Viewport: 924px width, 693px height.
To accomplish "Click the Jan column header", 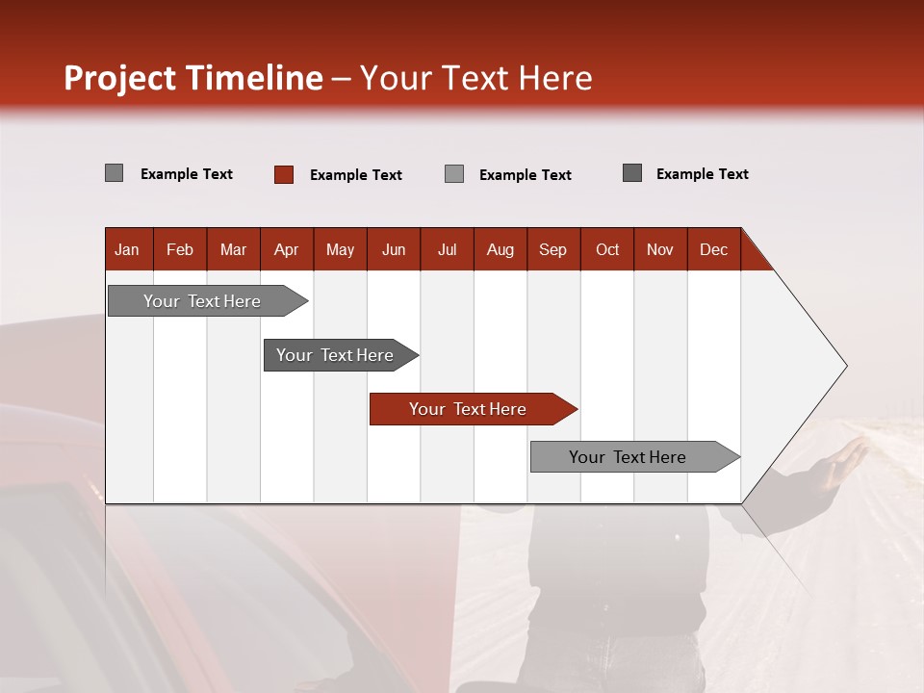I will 127,250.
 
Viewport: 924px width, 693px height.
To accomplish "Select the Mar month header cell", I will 233,250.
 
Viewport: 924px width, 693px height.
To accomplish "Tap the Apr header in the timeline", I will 286,250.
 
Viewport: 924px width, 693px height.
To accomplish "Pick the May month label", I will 340,250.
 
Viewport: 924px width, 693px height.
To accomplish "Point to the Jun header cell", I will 394,250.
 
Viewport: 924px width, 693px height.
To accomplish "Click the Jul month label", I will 447,250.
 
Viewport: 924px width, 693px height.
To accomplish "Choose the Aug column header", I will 500,250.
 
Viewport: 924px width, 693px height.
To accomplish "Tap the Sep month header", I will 552,250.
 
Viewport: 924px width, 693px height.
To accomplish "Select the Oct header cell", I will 607,250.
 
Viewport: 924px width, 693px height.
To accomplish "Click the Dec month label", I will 713,250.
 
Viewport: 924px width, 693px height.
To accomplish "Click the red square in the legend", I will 284,174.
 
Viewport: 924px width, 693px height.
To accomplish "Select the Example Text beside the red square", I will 355,175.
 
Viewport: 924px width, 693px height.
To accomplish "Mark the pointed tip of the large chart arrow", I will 845,366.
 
